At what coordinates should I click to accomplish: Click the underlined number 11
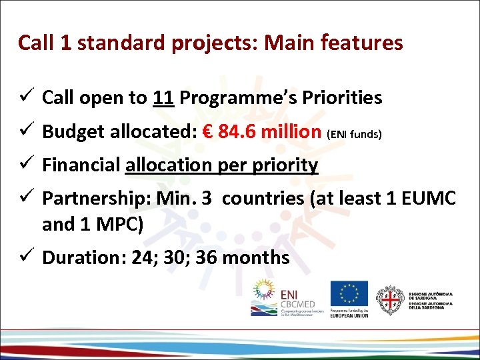coord(163,98)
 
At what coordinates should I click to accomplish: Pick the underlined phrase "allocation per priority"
coord(221,165)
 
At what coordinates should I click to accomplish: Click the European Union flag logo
coord(349,293)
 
